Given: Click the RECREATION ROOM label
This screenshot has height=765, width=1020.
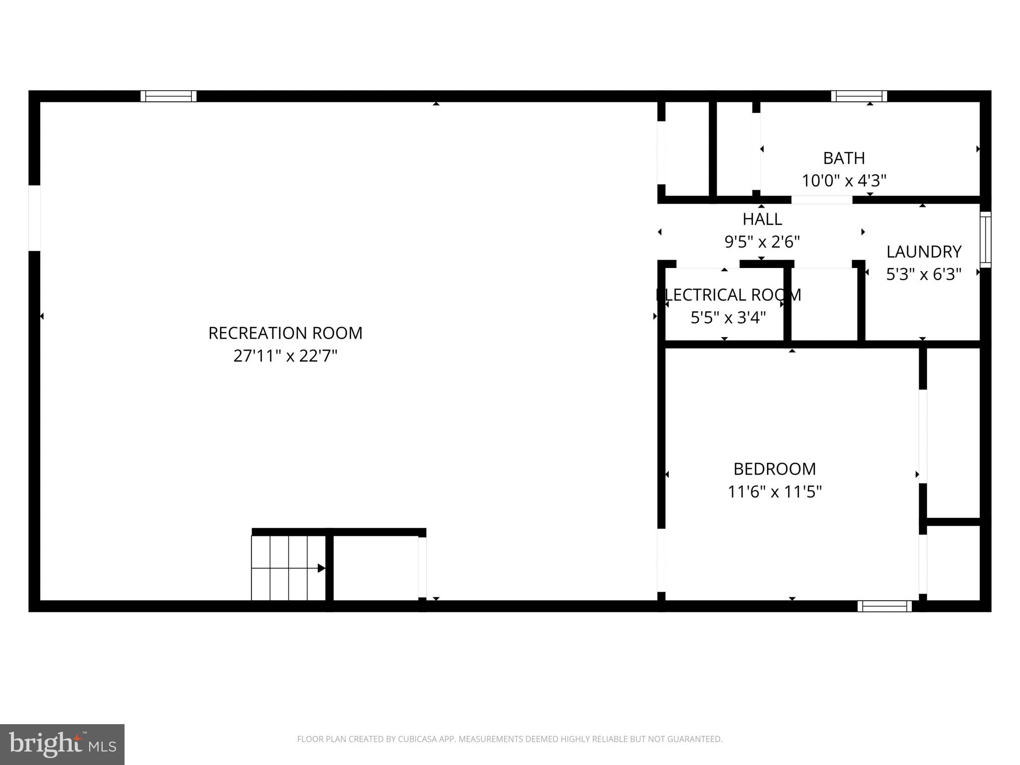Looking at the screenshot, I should (x=285, y=333).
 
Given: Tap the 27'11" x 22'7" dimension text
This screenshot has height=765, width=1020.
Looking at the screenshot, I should (x=285, y=356).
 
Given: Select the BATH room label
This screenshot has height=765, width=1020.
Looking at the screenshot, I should (x=844, y=158).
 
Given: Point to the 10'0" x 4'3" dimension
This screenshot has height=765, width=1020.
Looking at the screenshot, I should (x=844, y=180).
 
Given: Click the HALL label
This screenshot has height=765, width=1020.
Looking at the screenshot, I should (x=762, y=219).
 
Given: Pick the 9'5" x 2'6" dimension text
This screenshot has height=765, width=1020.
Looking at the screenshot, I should (x=762, y=242).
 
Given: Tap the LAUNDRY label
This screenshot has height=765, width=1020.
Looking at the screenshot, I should (x=923, y=252).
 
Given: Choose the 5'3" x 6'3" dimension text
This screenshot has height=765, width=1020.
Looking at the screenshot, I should (x=923, y=274).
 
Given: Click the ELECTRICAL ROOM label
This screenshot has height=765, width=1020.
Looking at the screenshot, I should (x=728, y=295).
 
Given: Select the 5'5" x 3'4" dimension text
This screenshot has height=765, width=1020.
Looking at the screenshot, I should (x=728, y=318).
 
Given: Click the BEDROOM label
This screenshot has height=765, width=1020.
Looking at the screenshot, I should (x=774, y=469).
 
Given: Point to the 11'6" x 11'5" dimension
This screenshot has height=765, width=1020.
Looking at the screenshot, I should (x=774, y=492).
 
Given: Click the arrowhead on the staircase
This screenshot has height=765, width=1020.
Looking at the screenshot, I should (x=321, y=568).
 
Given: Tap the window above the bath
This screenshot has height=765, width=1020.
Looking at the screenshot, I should (x=859, y=96).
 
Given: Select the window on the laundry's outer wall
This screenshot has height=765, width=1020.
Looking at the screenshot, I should (x=985, y=240).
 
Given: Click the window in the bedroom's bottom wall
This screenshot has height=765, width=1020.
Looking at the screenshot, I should (x=885, y=606).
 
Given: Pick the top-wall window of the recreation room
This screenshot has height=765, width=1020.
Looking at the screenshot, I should (x=168, y=96).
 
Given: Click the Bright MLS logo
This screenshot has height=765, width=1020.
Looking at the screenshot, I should (x=62, y=745).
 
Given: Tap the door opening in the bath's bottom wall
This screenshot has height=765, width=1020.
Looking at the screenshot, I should (x=822, y=200).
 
